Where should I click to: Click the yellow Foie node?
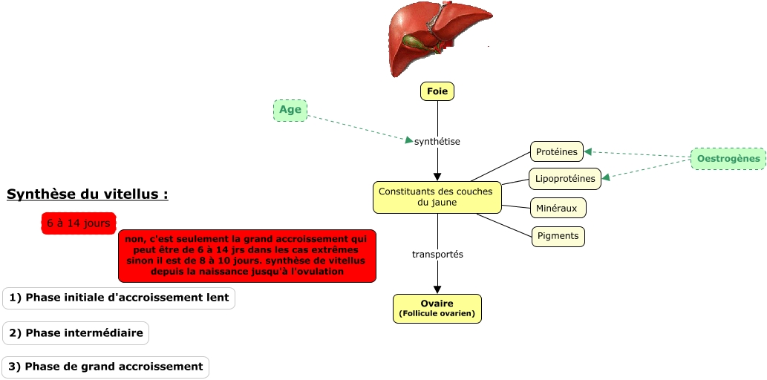437,91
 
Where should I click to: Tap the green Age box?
290,111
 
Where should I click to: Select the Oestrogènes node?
728,159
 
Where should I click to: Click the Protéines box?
557,152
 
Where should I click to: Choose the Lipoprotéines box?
565,179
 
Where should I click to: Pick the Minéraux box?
558,209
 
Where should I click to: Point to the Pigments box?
558,237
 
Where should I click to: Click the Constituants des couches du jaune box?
437,197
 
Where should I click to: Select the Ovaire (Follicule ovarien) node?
437,308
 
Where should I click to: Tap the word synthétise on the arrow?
437,141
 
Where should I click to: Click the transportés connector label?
437,255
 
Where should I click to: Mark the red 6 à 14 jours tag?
79,223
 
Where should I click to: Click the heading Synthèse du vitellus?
87,195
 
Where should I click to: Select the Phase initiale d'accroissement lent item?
119,298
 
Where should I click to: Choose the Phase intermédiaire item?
76,333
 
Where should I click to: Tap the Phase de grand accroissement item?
106,367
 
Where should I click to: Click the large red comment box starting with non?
247,255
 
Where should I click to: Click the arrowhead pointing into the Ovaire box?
437,289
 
